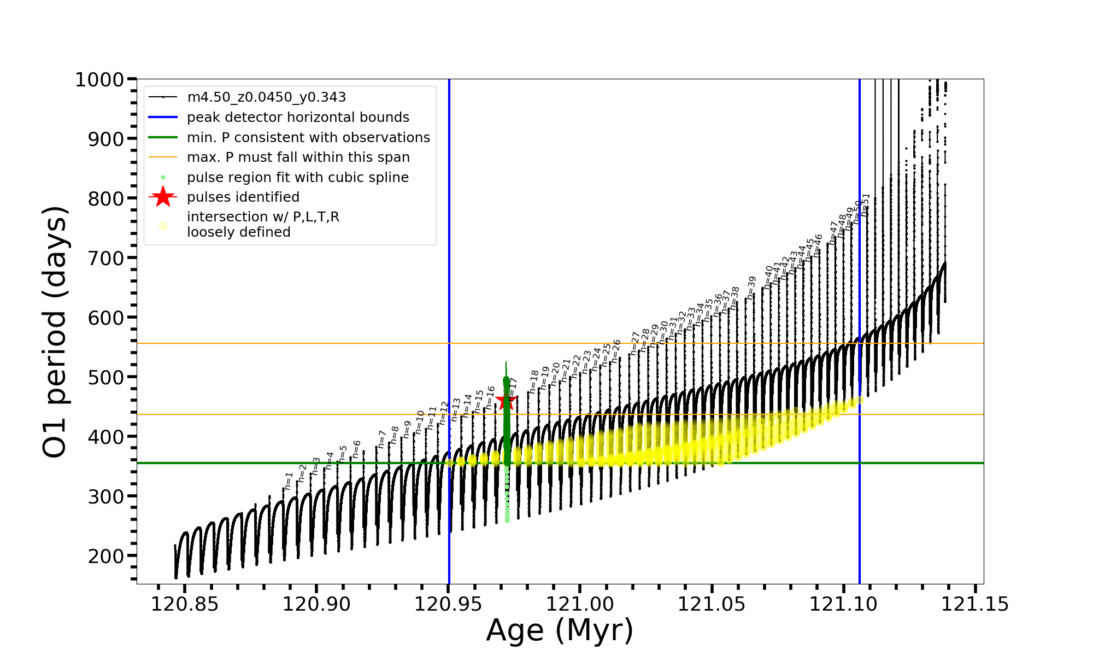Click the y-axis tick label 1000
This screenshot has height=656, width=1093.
[99, 80]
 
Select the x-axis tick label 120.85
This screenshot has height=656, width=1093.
[185, 605]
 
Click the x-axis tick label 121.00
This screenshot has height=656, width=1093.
[580, 605]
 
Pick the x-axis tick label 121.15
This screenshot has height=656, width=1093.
[975, 605]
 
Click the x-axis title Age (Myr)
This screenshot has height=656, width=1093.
[560, 631]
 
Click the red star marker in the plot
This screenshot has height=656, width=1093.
[506, 401]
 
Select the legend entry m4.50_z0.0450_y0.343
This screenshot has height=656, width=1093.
[266, 97]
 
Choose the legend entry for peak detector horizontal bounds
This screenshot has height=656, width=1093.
[298, 118]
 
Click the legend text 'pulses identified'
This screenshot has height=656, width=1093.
[243, 197]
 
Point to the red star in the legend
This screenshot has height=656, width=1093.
[163, 197]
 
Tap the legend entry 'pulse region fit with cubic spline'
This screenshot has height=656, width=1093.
[298, 178]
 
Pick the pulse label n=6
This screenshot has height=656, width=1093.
[357, 448]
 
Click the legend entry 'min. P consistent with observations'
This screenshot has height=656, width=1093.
[308, 138]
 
